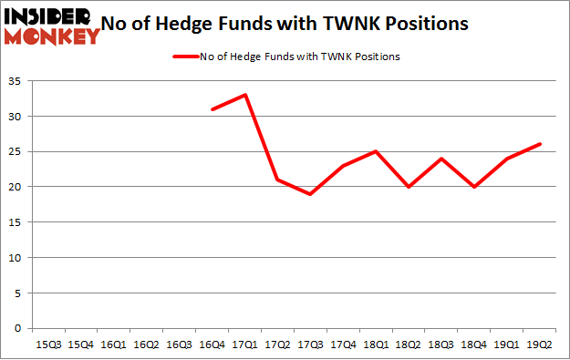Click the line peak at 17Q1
click(245, 95)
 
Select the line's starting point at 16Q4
click(212, 109)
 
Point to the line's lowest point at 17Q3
click(311, 194)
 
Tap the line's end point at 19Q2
click(540, 144)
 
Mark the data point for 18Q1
click(376, 151)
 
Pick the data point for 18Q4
click(474, 187)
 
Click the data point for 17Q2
click(278, 180)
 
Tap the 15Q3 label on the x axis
click(48, 345)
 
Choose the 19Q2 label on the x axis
click(540, 345)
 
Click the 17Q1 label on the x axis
click(245, 345)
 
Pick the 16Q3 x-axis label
click(180, 345)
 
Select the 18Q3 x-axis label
click(441, 345)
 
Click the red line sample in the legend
click(184, 57)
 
